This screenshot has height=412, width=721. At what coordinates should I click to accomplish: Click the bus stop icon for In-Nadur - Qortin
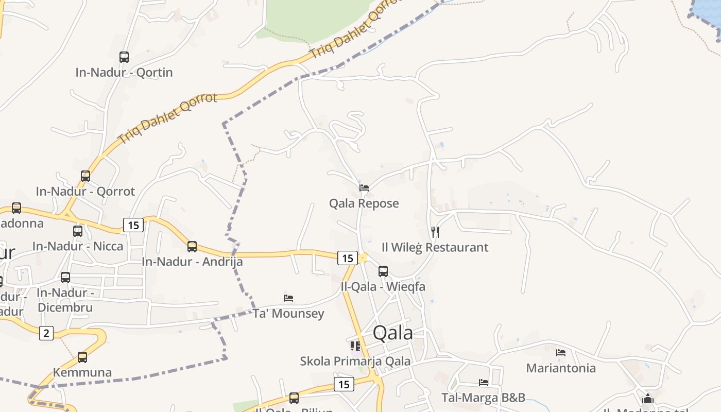click(124, 57)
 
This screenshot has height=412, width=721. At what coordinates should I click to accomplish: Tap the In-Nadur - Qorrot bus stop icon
click(85, 176)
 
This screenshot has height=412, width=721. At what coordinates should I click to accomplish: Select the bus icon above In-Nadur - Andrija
click(192, 247)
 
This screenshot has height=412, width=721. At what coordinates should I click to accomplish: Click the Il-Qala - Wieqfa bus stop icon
click(383, 271)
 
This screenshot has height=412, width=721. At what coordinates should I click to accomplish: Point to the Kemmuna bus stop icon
click(82, 357)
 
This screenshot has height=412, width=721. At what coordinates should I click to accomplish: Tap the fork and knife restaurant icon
click(435, 232)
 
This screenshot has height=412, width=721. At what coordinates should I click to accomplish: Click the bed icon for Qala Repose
click(364, 188)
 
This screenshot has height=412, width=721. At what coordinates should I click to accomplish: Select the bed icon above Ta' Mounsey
click(288, 298)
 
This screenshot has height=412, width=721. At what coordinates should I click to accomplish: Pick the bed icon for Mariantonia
click(561, 353)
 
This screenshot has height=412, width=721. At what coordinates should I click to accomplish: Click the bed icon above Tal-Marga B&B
click(484, 383)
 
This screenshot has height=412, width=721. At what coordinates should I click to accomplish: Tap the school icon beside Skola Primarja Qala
click(355, 346)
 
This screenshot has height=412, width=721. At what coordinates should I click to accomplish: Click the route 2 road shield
click(46, 333)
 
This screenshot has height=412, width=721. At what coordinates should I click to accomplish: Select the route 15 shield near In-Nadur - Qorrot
click(133, 225)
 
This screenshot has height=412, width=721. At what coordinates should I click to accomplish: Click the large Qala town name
click(392, 333)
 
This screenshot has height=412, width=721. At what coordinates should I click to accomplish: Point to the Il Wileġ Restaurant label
click(435, 247)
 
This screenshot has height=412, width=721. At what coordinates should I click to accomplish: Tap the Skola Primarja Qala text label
click(355, 361)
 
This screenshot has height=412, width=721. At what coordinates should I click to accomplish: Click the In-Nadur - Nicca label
click(78, 246)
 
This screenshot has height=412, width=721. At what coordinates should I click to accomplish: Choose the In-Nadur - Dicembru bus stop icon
click(65, 278)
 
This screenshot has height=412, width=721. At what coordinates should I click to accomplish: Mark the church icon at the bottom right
click(648, 399)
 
